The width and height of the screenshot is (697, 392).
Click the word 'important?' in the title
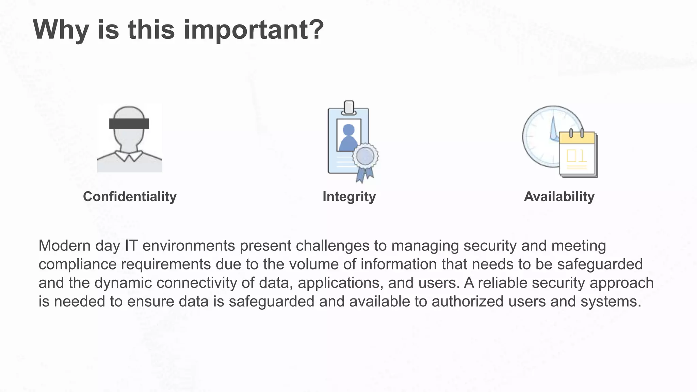[254, 30]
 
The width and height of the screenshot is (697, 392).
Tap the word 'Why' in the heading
[61, 30]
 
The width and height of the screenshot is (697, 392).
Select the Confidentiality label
[130, 197]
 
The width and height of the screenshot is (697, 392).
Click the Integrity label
[349, 197]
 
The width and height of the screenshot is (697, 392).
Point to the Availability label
[559, 197]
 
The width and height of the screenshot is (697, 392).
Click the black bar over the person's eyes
[129, 124]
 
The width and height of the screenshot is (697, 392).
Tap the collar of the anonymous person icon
[129, 157]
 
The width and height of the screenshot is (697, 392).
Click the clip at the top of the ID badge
[349, 108]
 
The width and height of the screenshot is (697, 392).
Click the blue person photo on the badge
[348, 136]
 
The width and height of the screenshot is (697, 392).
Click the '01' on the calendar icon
[577, 156]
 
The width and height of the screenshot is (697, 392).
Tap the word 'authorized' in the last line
[467, 301]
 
